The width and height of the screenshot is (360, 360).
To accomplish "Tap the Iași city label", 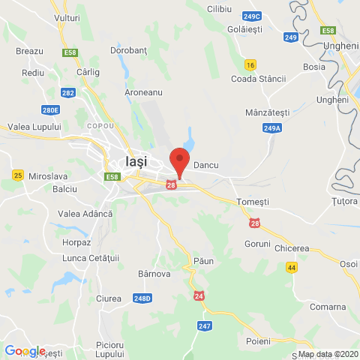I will click(x=136, y=161).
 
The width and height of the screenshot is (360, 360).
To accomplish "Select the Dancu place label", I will click(x=205, y=163).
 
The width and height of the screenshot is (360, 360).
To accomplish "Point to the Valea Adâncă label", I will click(x=85, y=214).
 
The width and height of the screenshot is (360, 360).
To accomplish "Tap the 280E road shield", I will click(x=51, y=109).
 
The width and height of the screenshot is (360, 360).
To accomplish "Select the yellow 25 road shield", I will click(x=18, y=175).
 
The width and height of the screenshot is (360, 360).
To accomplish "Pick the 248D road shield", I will click(x=143, y=298).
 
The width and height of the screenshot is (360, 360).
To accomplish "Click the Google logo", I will click(x=24, y=351).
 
